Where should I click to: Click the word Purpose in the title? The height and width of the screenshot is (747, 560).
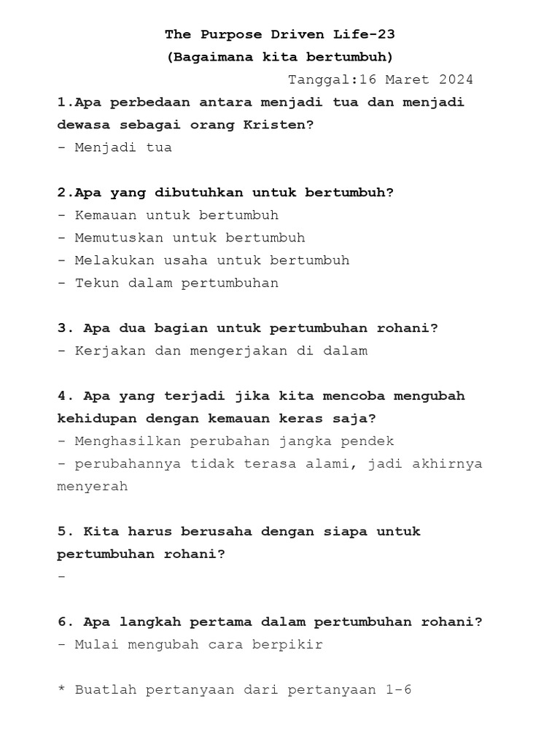227,34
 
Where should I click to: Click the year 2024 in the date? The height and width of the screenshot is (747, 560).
456,80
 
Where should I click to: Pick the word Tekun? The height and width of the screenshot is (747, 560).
97,283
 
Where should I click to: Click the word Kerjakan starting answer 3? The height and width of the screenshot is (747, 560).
110,351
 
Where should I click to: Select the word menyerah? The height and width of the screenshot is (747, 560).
93,487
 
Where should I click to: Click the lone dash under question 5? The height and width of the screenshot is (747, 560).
61,577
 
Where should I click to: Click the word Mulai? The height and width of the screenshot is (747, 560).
97,645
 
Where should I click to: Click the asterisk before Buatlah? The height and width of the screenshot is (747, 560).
61,689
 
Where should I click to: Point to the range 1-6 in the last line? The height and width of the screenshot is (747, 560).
399,690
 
